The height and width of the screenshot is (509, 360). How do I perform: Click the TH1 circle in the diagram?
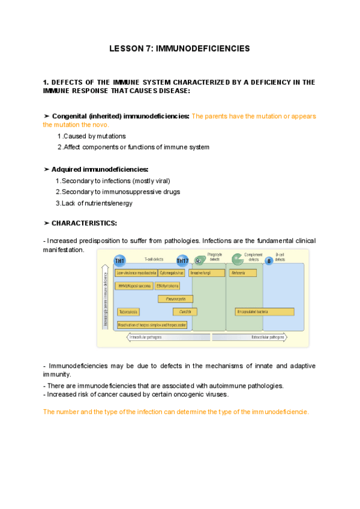coord(119,261)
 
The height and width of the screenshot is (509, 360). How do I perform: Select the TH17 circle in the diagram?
coord(182,261)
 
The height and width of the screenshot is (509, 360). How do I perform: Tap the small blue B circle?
coord(269,261)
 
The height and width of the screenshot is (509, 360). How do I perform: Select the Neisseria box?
coord(242,273)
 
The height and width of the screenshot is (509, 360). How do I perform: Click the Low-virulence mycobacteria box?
coord(136,273)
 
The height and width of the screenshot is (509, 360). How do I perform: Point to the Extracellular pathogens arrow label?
coord(267,337)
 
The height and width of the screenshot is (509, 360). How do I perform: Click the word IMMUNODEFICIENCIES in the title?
coord(203,48)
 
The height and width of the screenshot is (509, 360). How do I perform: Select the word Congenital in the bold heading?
coord(71,116)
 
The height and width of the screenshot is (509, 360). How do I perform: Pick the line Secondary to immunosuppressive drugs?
coord(121,192)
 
